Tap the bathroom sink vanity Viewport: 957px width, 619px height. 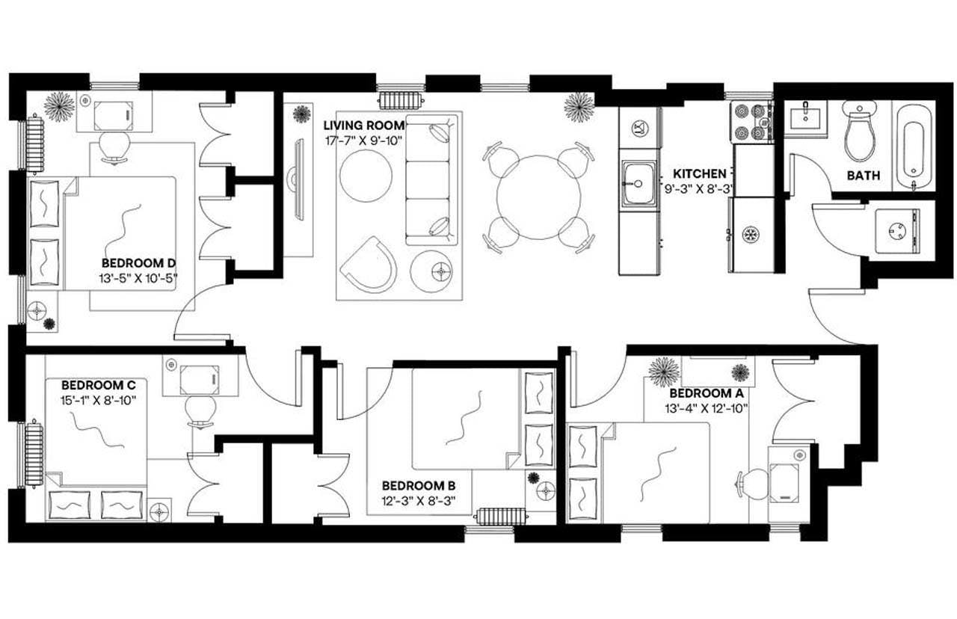pyautogui.click(x=807, y=120)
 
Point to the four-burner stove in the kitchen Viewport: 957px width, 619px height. pyautogui.click(x=751, y=122)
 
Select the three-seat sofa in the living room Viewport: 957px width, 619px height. pyautogui.click(x=431, y=179)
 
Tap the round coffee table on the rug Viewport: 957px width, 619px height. pyautogui.click(x=366, y=175)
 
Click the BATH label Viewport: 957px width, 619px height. pyautogui.click(x=863, y=176)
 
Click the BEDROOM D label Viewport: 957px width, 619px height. pyautogui.click(x=138, y=263)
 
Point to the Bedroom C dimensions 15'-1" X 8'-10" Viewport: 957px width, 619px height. pyautogui.click(x=99, y=399)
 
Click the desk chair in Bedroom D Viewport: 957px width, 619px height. pyautogui.click(x=114, y=145)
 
